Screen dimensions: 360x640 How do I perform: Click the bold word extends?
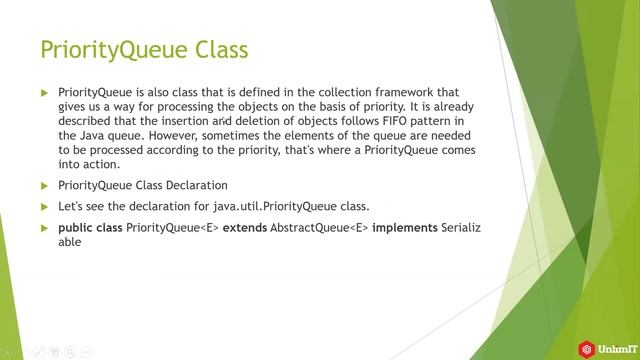pos(244,227)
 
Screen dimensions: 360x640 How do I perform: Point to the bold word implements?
pos(405,227)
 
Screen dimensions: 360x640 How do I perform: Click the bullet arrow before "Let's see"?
pos(44,206)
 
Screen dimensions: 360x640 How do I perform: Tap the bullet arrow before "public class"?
pos(44,227)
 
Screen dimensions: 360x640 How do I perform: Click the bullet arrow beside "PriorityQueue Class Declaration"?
pos(44,185)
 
